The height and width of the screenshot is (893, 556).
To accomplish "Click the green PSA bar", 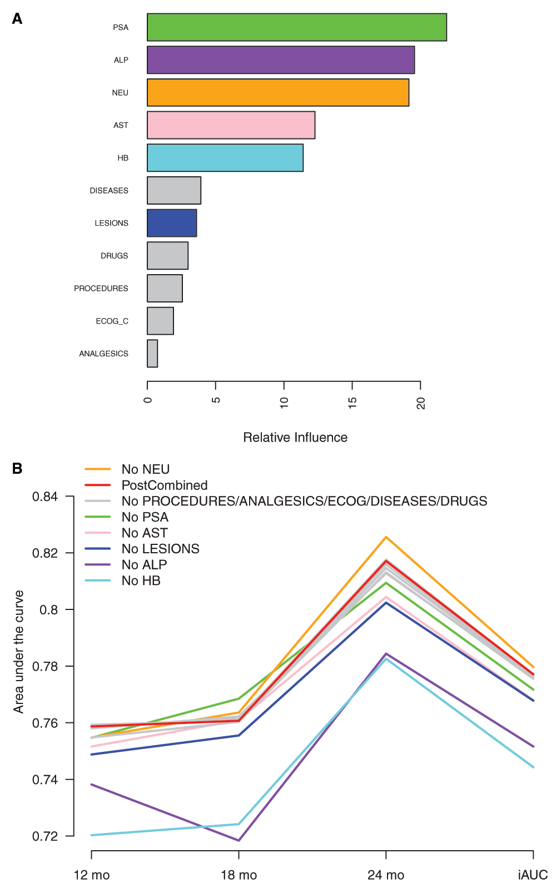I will tap(296, 27).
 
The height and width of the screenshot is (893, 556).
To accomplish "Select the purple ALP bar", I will tap(281, 60).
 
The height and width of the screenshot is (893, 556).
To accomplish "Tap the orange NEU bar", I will tap(278, 93).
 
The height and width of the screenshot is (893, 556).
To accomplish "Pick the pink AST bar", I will tap(231, 125).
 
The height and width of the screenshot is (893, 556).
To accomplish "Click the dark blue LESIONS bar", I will tap(172, 223).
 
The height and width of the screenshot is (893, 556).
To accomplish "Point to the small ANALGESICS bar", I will tap(152, 354).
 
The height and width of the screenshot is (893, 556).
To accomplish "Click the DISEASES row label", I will tap(109, 191).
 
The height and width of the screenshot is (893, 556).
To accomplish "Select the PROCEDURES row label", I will tap(101, 289).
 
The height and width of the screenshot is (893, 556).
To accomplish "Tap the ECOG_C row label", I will tap(112, 321).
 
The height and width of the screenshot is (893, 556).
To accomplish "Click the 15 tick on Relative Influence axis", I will tap(353, 403).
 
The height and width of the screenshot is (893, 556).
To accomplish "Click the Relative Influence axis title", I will tap(295, 438).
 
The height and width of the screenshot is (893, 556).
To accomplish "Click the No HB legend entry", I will tap(141, 581).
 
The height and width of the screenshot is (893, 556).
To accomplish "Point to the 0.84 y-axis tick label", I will tap(45, 497).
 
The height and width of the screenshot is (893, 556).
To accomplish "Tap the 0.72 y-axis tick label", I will tap(45, 836).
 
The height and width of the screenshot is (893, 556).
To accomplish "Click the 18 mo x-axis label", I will tap(239, 875).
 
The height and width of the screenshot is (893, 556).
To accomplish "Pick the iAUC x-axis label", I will tap(533, 875).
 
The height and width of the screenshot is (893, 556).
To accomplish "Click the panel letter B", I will tap(17, 469).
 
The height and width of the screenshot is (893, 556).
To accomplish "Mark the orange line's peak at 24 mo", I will tap(386, 537).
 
